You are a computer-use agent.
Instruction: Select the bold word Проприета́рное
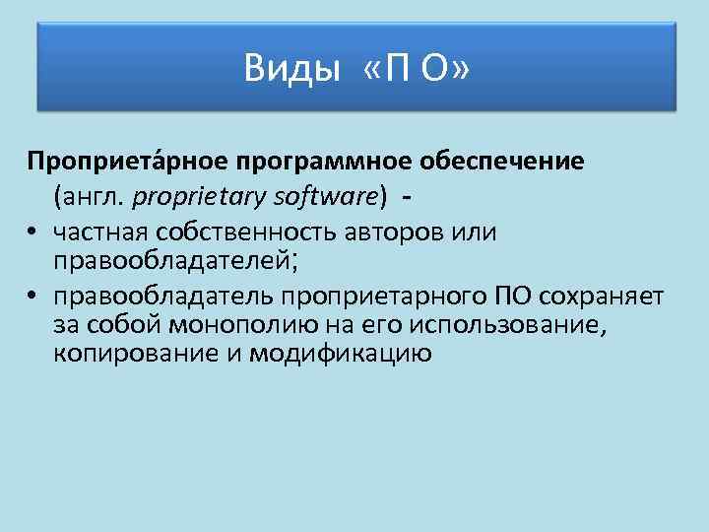click(x=125, y=160)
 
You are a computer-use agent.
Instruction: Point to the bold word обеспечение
click(x=504, y=160)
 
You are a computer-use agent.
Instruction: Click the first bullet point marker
click(x=32, y=233)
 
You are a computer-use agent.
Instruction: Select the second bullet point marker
click(x=32, y=298)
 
